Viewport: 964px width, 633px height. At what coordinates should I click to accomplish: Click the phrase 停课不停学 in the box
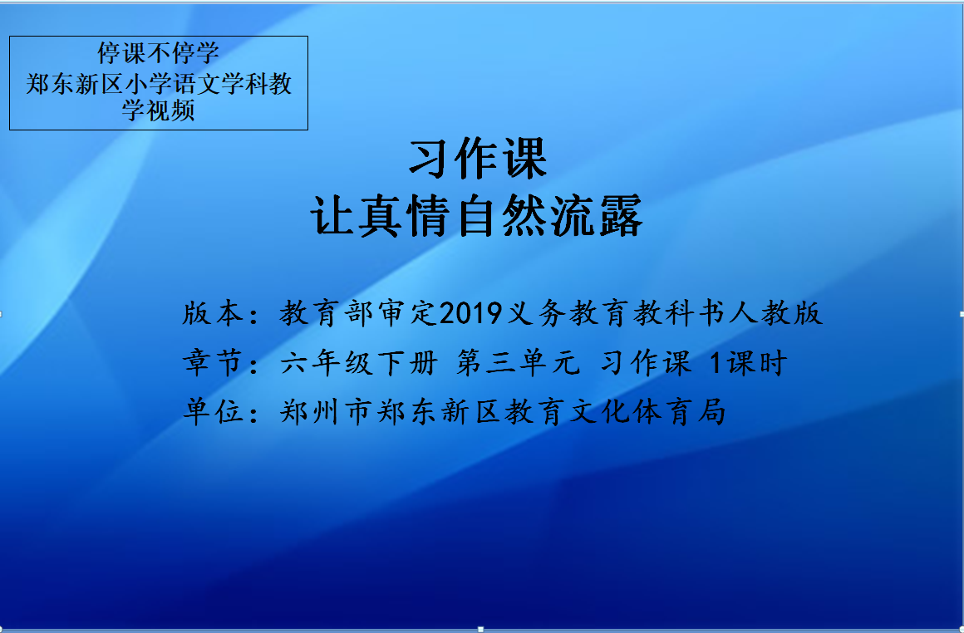coord(159,53)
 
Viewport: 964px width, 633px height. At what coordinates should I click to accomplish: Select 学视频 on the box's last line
coord(159,110)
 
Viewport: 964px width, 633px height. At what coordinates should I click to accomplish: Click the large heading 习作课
coord(478,159)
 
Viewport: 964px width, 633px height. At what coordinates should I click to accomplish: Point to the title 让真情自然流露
coord(477,216)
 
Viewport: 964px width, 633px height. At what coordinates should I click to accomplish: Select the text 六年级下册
coord(359,362)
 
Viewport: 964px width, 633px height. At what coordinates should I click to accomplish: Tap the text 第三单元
coord(519,362)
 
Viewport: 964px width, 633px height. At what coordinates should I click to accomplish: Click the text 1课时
coord(748,362)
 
